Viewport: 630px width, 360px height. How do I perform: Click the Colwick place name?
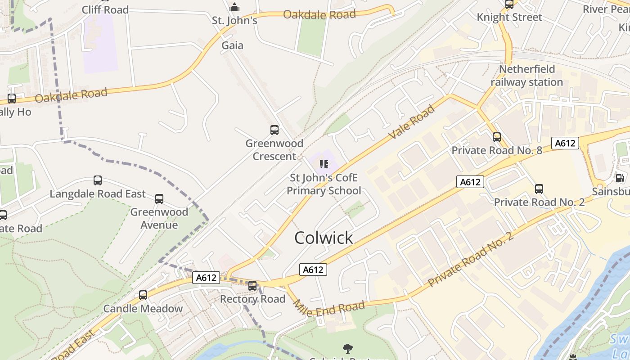(324, 238)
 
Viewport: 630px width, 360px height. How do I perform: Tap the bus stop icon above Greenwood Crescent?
(274, 130)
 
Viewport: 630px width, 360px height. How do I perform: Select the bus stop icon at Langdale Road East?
(98, 180)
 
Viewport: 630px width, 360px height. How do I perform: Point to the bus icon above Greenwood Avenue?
(159, 198)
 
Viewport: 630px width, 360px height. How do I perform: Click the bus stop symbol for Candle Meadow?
(143, 295)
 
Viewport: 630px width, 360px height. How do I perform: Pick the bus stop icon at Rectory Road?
(252, 285)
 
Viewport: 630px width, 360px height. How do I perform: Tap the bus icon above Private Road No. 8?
(497, 137)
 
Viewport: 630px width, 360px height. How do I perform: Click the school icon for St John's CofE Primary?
(323, 164)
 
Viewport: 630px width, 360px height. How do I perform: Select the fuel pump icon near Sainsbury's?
(620, 178)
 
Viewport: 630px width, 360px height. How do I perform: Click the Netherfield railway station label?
(526, 76)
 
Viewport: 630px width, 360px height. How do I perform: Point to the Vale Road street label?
(413, 121)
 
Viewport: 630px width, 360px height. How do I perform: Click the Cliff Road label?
(105, 9)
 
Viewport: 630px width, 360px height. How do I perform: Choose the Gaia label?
(232, 45)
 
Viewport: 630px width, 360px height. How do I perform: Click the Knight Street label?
(509, 18)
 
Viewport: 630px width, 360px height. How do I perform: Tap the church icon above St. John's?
(234, 8)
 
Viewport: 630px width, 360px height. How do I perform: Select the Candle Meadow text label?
(143, 309)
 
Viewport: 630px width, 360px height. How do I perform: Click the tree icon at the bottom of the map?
(347, 348)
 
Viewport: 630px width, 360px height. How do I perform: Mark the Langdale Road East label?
(98, 194)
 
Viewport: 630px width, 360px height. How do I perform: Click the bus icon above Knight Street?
(509, 4)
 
